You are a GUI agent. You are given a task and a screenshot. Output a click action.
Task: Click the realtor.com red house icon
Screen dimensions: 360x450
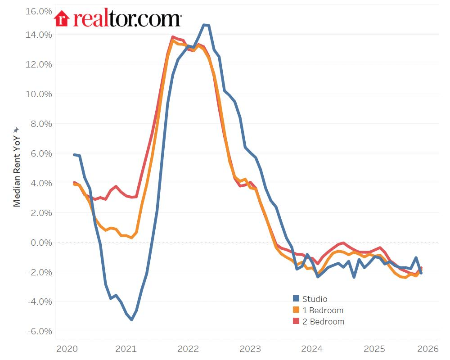coord(62,19)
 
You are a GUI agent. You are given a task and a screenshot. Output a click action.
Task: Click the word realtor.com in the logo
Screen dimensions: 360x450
coord(127,19)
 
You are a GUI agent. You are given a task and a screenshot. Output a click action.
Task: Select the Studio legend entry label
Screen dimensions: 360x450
coord(315,299)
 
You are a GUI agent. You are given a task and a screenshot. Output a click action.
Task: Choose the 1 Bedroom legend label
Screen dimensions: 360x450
coord(323,310)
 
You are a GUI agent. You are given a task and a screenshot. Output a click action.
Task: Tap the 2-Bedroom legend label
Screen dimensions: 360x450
coord(323,321)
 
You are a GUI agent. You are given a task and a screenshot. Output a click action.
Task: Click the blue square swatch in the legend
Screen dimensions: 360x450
coord(296,299)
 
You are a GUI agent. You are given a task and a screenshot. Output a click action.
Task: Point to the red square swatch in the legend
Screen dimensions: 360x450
coord(296,321)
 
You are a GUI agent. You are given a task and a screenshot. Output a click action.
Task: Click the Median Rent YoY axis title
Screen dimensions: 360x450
coord(17,166)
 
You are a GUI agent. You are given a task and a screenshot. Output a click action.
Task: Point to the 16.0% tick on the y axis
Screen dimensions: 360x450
coord(40,11)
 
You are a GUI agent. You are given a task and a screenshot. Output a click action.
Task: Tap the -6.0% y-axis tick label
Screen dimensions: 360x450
coord(40,332)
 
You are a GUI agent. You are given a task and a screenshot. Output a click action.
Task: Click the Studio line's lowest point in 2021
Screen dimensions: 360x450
coord(131,319)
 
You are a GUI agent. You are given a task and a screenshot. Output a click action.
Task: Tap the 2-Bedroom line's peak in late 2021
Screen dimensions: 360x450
coord(173,37)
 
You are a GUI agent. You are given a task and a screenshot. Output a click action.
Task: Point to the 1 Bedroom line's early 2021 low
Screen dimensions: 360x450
coord(131,237)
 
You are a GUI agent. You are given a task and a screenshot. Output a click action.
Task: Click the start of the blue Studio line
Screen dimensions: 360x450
coord(74,154)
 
